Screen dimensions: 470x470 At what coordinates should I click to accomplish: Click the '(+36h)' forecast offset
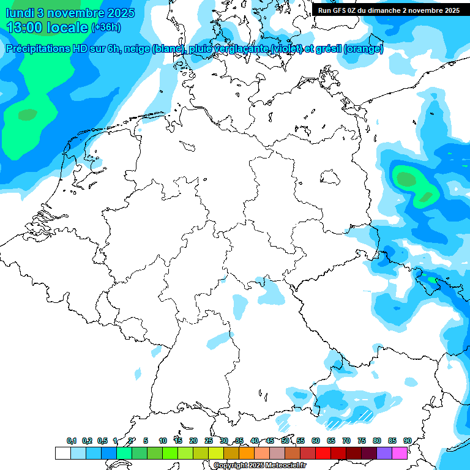106,28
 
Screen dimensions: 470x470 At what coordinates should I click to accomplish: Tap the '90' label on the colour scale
407,441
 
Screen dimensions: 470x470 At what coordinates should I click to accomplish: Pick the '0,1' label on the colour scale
72,441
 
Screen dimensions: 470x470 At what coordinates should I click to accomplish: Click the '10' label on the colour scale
163,441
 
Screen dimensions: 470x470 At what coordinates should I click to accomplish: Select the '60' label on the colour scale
316,441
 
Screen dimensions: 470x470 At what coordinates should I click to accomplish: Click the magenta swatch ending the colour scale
400,453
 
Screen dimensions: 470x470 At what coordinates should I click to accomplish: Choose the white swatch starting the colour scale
62,453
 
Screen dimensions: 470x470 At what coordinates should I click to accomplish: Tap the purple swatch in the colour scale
384,453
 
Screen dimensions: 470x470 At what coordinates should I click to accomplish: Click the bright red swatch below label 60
323,453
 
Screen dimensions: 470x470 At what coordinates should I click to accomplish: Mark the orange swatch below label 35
247,453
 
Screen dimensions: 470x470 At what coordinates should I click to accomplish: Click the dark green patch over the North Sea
28,114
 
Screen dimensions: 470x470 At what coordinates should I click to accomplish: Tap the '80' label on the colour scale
377,441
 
